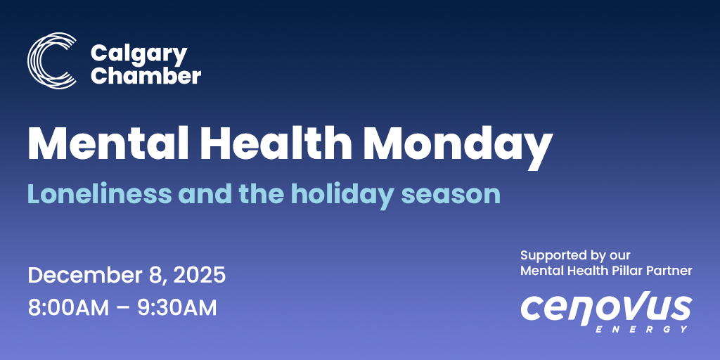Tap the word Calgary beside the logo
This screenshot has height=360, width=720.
(x=139, y=53)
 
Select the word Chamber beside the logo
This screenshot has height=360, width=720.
(x=146, y=75)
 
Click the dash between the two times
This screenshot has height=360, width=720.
(x=121, y=308)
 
